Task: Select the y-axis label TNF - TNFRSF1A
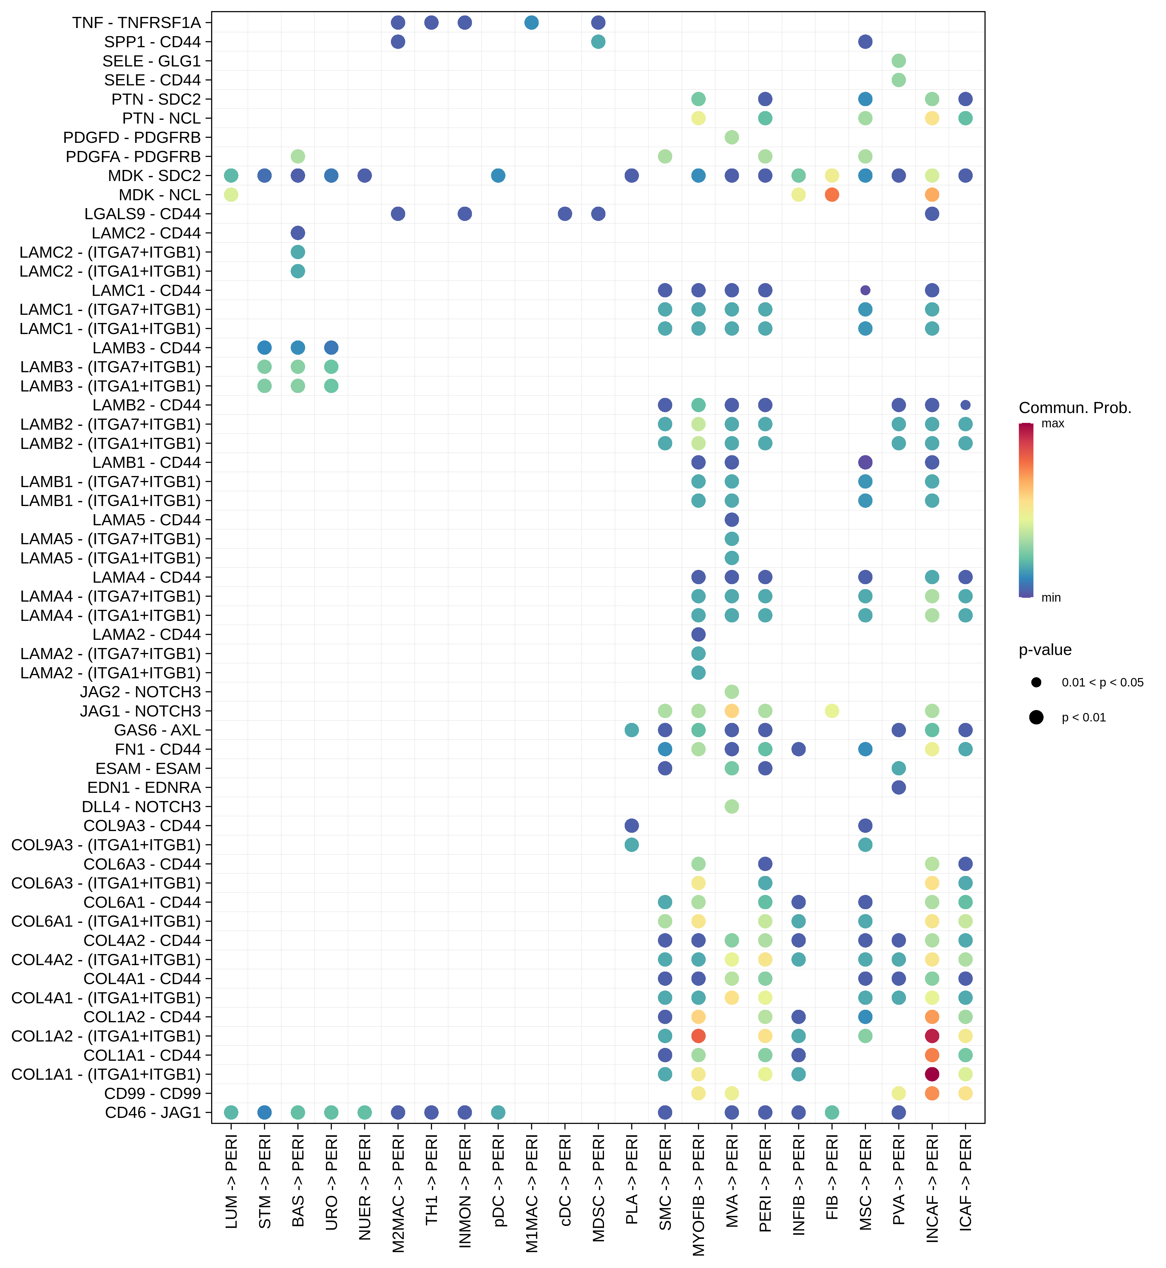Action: [x=136, y=23]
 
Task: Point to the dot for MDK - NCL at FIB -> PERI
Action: [x=832, y=195]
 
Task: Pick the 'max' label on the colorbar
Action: [x=1052, y=423]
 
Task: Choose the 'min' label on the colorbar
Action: [x=1051, y=597]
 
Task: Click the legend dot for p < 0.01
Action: [x=1036, y=717]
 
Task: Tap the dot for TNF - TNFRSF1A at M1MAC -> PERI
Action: [x=531, y=23]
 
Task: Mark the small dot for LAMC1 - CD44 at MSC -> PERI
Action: [x=865, y=290]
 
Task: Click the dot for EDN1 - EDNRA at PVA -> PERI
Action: [x=898, y=787]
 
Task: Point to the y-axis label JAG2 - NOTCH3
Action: [x=140, y=692]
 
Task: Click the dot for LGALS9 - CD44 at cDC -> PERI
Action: [x=565, y=214]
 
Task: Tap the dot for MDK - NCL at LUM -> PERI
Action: [x=231, y=195]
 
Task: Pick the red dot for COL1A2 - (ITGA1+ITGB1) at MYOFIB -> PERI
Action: [x=698, y=1036]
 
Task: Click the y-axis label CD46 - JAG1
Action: [x=153, y=1112]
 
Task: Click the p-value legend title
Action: [x=1045, y=650]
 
